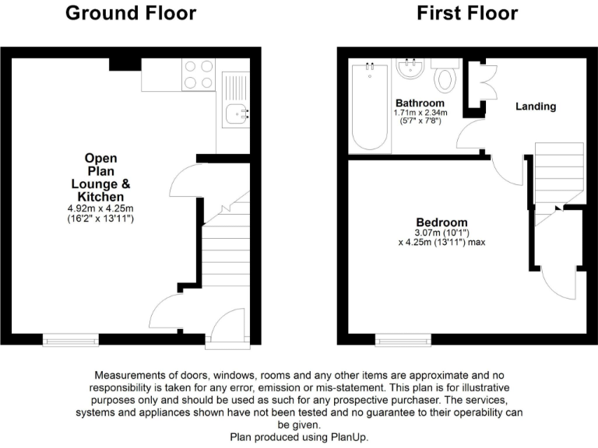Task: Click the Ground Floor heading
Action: (x=130, y=13)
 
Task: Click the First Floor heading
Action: (x=467, y=13)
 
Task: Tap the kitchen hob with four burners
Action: (x=198, y=75)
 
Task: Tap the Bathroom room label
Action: (x=420, y=103)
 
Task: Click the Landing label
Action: (x=536, y=107)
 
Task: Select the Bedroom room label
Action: (x=441, y=222)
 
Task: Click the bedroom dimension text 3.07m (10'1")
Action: (x=441, y=232)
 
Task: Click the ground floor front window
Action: (x=71, y=339)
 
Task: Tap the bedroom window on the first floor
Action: (x=403, y=339)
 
